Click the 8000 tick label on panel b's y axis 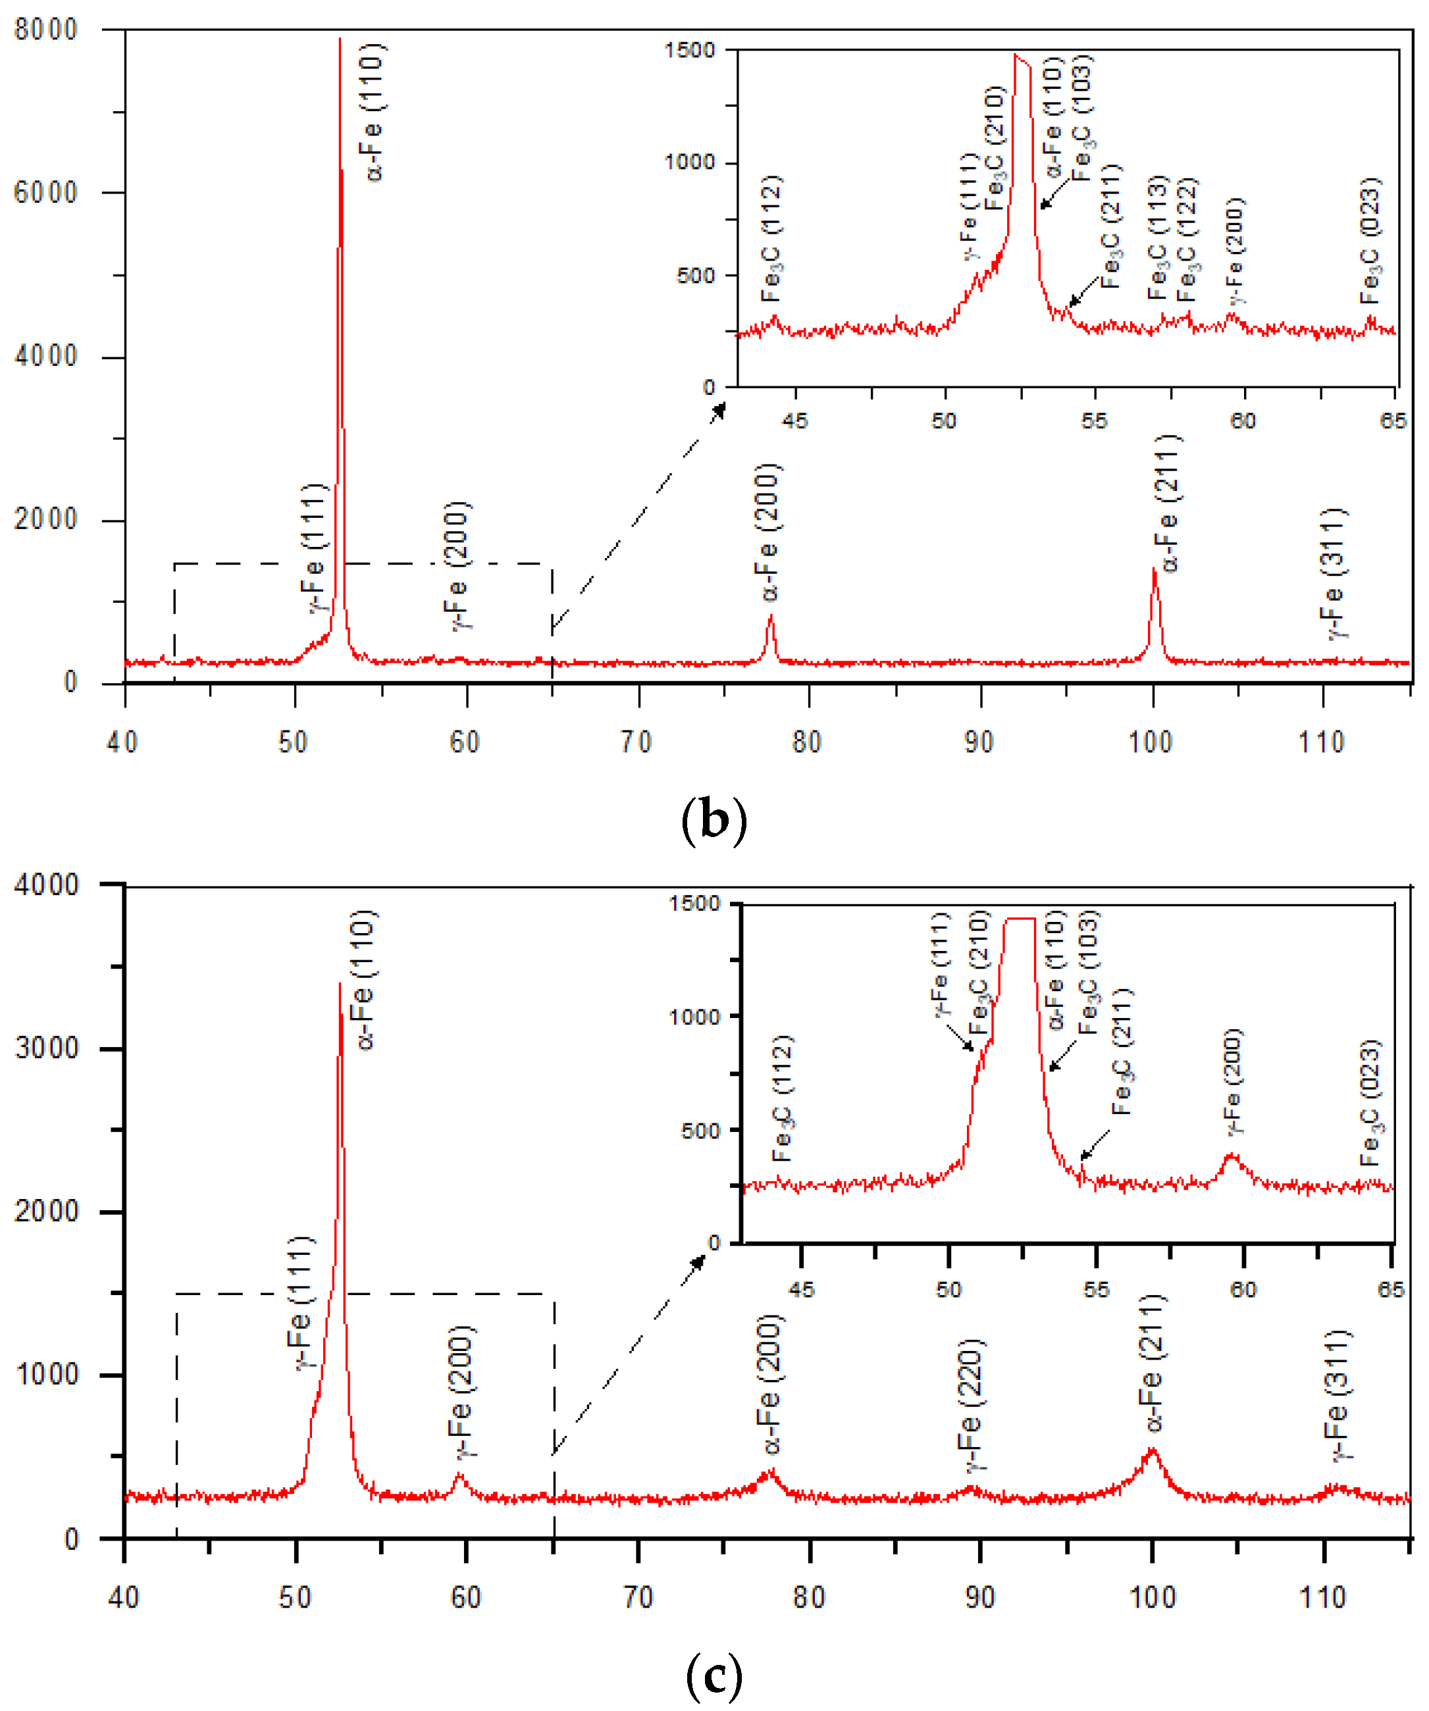point(45,30)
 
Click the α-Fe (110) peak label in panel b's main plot point(373,113)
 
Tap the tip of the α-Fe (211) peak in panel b point(1154,569)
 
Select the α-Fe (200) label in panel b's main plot point(768,533)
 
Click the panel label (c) point(714,1676)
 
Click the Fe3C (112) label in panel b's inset point(771,238)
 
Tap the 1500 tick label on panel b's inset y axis point(689,51)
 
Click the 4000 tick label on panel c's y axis point(45,885)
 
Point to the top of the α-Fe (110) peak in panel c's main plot point(340,984)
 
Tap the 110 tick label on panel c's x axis point(1322,1598)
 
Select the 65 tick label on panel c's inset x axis point(1391,1290)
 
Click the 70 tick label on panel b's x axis point(637,742)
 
